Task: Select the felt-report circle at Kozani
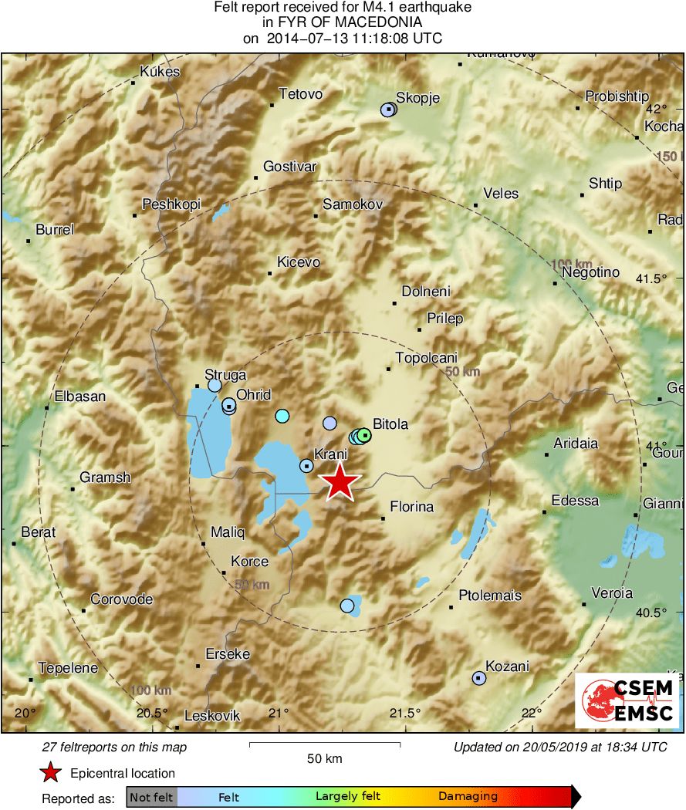click(479, 678)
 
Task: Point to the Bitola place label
click(390, 424)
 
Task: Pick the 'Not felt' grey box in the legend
click(151, 797)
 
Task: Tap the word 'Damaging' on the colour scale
click(468, 797)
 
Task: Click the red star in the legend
click(51, 772)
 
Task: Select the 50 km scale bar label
click(324, 759)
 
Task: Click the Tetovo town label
click(300, 94)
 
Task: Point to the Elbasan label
click(79, 397)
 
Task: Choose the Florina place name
click(412, 507)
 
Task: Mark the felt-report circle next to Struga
click(215, 385)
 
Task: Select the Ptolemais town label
click(490, 596)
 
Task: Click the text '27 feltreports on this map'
click(114, 747)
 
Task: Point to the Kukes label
click(160, 73)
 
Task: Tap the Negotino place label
click(591, 272)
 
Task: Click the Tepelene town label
click(69, 668)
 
